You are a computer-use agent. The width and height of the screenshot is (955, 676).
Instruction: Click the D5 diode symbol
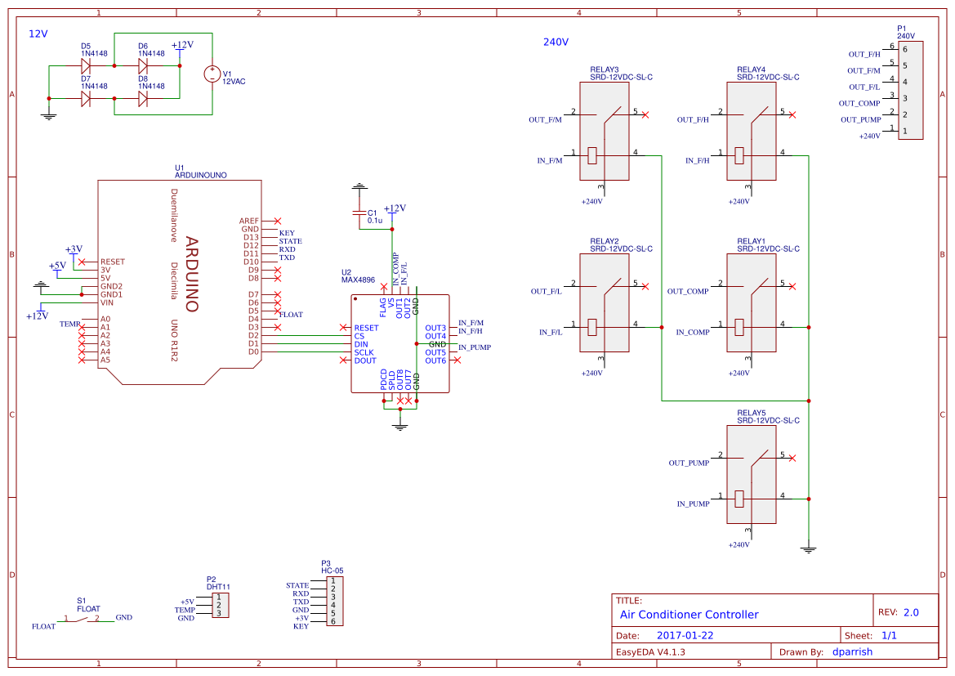(86, 65)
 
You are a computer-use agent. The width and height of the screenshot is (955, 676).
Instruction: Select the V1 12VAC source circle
(212, 74)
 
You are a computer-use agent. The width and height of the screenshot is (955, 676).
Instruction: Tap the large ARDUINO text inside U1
(192, 274)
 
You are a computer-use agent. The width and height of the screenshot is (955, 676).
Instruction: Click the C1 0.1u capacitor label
(375, 217)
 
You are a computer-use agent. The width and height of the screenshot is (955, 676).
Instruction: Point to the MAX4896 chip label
(358, 280)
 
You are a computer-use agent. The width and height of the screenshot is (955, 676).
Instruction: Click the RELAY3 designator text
(604, 69)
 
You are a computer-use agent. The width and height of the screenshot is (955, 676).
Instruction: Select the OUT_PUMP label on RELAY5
(689, 463)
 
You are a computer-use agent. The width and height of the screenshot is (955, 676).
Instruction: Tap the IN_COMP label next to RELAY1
(693, 333)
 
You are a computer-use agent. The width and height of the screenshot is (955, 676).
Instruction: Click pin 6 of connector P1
(904, 49)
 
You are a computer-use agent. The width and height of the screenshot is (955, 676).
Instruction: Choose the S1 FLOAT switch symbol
(82, 619)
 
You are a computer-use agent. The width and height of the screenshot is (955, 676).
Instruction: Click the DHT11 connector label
(218, 587)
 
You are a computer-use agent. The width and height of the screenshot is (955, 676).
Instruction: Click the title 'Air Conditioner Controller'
(689, 615)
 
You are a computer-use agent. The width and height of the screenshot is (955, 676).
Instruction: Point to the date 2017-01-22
(685, 636)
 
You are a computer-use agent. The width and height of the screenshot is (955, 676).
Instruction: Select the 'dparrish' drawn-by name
(852, 652)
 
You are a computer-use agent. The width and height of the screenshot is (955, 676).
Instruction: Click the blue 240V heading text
(556, 42)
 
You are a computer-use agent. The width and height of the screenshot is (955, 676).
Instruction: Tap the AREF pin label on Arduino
(249, 221)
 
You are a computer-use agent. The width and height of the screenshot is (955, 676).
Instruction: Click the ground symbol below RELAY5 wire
(809, 549)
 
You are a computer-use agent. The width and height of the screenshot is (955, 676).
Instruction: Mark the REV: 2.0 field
(898, 612)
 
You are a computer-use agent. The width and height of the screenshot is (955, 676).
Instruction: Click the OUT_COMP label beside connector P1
(859, 104)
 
